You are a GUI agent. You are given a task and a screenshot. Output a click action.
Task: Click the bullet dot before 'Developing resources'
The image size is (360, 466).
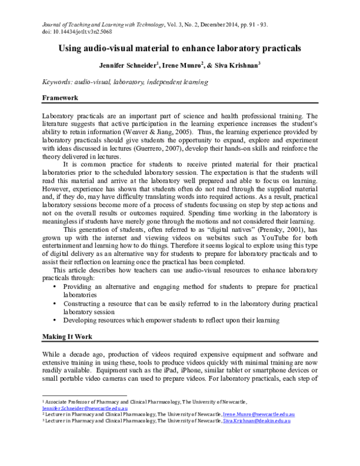click(55, 321)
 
